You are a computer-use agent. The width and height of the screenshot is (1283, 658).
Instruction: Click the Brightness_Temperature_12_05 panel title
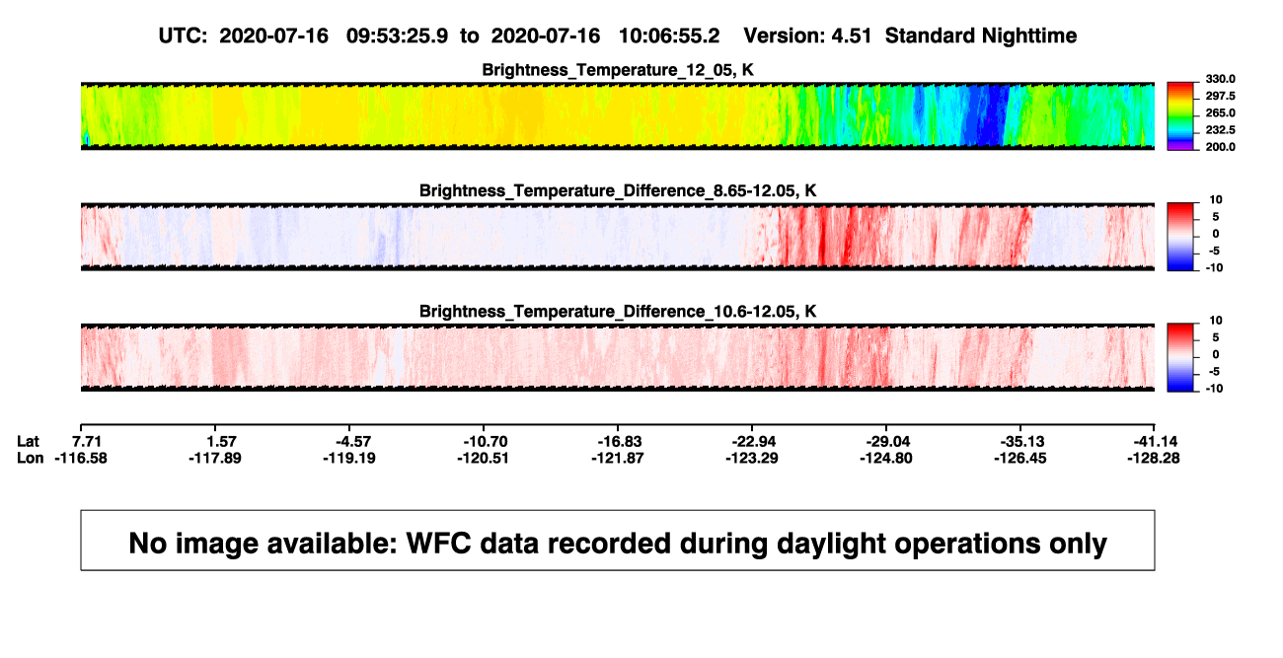(618, 70)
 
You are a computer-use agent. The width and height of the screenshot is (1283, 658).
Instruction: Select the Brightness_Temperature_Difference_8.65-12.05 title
(618, 190)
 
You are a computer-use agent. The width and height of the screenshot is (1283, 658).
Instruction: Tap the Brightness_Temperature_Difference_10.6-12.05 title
(618, 312)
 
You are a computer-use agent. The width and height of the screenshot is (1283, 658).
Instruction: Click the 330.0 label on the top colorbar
(1220, 79)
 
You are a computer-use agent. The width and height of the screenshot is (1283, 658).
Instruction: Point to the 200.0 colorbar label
(1220, 147)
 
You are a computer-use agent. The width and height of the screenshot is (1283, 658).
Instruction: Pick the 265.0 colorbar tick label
(1220, 112)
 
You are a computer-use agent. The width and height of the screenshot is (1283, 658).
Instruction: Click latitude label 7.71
(87, 442)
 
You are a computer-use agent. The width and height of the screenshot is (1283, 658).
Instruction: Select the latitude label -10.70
(486, 442)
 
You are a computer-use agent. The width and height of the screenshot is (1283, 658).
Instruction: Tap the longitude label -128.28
(1154, 458)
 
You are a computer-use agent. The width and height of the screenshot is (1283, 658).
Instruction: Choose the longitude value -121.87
(618, 458)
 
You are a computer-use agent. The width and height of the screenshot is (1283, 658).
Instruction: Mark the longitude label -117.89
(215, 458)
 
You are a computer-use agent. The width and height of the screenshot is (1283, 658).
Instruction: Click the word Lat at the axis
(28, 442)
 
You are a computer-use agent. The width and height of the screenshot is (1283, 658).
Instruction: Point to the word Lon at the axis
(30, 458)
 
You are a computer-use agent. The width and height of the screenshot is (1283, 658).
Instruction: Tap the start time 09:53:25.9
(397, 37)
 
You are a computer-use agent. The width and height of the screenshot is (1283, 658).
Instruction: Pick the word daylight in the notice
(829, 545)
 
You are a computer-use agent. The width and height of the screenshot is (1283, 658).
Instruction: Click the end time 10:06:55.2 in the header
(669, 37)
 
